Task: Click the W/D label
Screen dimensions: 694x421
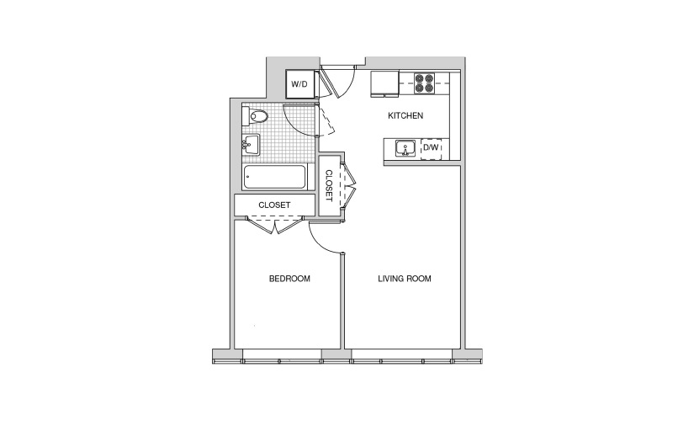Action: tap(299, 83)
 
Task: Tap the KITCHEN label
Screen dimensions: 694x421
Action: tap(405, 115)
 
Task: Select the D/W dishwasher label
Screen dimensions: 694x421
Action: tap(431, 147)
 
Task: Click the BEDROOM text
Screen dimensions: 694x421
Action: tap(289, 279)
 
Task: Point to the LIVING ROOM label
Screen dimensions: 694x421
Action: tap(405, 279)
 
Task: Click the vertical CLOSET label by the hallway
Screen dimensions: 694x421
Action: tap(329, 186)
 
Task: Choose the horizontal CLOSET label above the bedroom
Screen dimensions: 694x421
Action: tap(274, 205)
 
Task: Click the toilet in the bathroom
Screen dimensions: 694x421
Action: tap(256, 116)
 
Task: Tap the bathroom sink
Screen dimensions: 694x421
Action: tap(251, 146)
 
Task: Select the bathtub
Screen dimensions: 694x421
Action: tap(274, 178)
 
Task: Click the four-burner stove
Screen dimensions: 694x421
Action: tap(424, 83)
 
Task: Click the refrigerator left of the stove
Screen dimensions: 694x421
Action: tap(384, 83)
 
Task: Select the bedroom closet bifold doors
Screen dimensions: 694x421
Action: tap(274, 225)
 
